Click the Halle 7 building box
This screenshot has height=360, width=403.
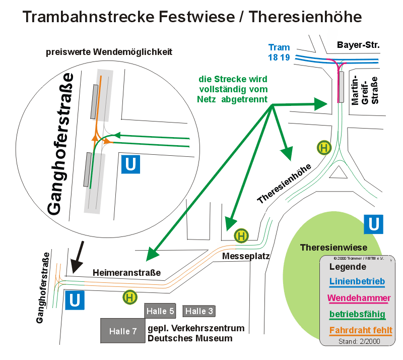pos(123,331)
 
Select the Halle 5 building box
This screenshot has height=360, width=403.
pos(160,311)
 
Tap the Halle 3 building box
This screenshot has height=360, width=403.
pos(199,311)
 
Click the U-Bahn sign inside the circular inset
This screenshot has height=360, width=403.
pos(130,164)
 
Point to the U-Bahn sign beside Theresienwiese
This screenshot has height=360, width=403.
pos(373,224)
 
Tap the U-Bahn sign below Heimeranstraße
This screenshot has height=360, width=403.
pos(75,301)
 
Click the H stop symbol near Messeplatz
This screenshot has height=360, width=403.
pos(241,235)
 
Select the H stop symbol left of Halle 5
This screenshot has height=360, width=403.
pos(130,297)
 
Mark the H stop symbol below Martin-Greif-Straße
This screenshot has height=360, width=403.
pos(324,148)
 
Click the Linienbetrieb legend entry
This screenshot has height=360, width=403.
pos(357,281)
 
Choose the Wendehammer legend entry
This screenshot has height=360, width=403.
pos(359,298)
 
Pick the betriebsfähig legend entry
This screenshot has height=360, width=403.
pos(357,314)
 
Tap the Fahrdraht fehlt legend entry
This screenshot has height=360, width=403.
pos(361,330)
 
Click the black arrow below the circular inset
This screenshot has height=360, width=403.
pos(78,257)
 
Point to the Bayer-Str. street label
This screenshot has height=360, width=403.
pos(358,45)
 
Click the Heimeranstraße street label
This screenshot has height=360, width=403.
pos(127,272)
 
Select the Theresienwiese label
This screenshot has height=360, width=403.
pos(333,248)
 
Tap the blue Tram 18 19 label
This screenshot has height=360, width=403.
pos(279,52)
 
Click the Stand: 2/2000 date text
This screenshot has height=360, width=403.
pos(359,341)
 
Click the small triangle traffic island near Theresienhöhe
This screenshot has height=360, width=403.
pos(338,173)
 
